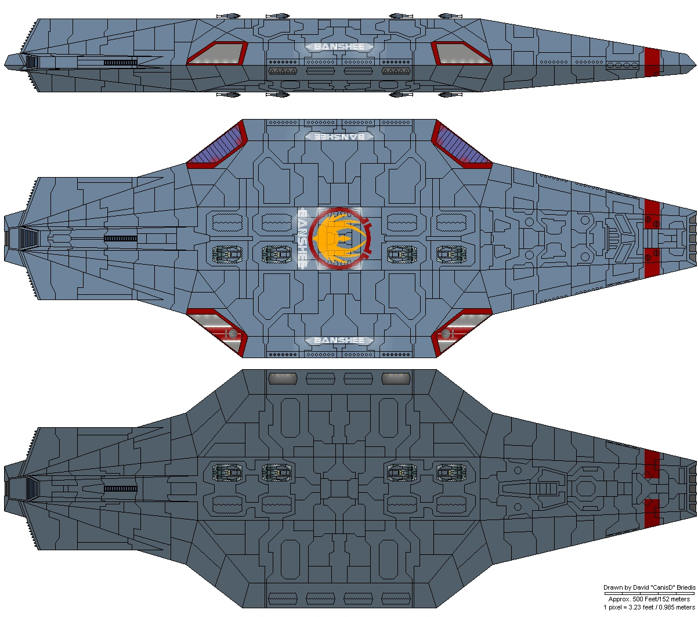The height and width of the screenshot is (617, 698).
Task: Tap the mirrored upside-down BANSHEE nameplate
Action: pos(339,136)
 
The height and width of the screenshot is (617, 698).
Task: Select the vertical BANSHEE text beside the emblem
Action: pos(302,238)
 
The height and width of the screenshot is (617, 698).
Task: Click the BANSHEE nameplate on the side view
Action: pos(339,47)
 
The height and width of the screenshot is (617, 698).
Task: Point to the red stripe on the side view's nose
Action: pos(652,62)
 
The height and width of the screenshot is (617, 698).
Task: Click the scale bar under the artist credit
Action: pos(649,593)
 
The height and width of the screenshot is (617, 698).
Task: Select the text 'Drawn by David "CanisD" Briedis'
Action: pos(649,587)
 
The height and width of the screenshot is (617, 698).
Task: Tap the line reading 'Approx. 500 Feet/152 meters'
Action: pos(649,599)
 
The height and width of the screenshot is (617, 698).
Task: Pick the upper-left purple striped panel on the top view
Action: pos(217,145)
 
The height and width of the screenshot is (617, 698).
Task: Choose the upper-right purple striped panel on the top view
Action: pos(462,145)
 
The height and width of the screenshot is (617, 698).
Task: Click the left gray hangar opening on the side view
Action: pos(217,53)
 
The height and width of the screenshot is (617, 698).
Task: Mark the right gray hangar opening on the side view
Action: pos(462,53)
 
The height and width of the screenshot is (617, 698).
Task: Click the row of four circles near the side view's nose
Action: pos(623,65)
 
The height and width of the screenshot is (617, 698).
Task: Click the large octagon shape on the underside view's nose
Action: pos(584,488)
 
